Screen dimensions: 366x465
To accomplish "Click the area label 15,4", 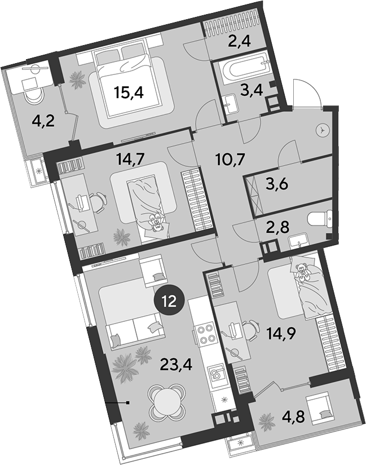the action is pos(129,93).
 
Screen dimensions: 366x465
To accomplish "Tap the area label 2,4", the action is pos(240,41).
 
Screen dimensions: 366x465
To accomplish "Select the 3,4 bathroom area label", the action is pos(252,90).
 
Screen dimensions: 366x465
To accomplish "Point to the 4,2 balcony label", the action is pos(43,121).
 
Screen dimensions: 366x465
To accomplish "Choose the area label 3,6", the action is pos(277,185).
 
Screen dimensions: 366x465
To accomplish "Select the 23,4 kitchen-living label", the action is pos(176,364).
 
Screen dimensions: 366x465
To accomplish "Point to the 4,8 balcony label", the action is pos(294,417).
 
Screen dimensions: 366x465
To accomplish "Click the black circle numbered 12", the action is pos(170,302).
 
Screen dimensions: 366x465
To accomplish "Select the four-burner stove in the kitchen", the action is pos(205,334).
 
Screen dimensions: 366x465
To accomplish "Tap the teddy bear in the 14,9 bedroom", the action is pos(303,271).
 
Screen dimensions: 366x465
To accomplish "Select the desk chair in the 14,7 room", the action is pos(98,202).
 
